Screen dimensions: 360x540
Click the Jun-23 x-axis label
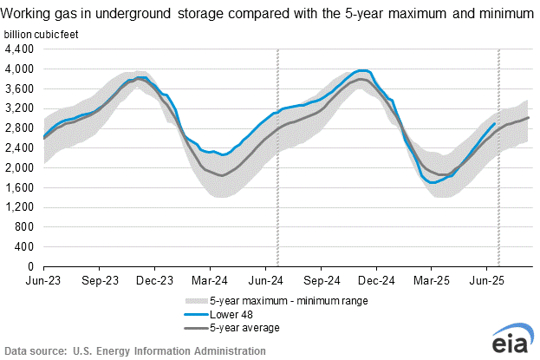[43, 281]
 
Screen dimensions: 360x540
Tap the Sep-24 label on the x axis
[322, 281]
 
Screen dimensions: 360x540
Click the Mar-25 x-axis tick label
[433, 281]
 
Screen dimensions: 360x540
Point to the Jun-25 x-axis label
[487, 281]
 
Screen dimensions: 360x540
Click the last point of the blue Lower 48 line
[495, 123]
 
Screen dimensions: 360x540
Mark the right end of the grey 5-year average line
[529, 117]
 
